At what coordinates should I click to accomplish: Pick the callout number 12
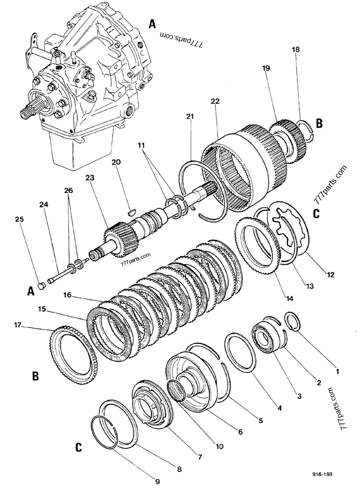click(x=331, y=275)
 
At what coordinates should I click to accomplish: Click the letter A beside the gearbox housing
click(x=152, y=23)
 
